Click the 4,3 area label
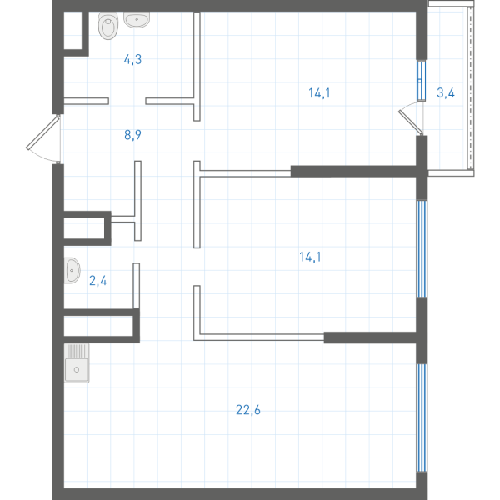tap(132, 60)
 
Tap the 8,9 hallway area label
tap(132, 135)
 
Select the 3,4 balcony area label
tap(446, 92)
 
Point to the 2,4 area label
tap(97, 281)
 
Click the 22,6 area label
tap(248, 410)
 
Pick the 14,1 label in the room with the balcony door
tap(319, 93)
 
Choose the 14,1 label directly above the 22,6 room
tap(310, 257)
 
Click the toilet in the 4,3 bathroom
tap(107, 26)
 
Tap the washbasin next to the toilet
tap(137, 20)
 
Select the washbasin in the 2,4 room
tap(72, 270)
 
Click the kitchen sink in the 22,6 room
tap(77, 362)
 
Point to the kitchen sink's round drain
tap(77, 369)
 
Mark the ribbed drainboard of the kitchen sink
tap(77, 351)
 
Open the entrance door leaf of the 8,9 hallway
tap(42, 132)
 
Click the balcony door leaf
tap(411, 122)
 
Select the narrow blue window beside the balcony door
tap(422, 81)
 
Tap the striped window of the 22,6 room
tap(422, 417)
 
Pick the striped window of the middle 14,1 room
tap(422, 248)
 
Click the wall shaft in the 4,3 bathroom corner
tap(73, 30)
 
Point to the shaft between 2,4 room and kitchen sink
tap(98, 326)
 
